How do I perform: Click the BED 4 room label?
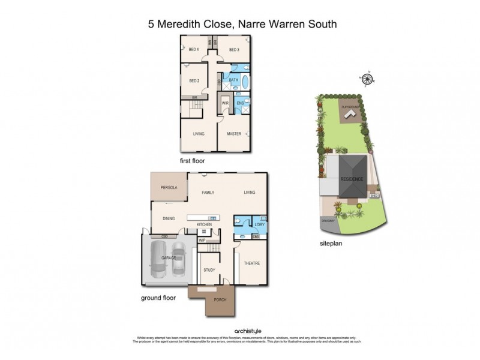click(193, 49)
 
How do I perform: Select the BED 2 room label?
click(193, 81)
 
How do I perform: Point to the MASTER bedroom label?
click(234, 134)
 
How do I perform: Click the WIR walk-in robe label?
click(226, 103)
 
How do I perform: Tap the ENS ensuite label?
click(240, 103)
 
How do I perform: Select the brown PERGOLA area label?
click(168, 188)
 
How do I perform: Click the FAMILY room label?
click(208, 193)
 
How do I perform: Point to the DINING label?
click(168, 218)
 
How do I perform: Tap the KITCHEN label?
click(205, 224)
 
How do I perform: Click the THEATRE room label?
click(251, 263)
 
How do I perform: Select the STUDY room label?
click(208, 270)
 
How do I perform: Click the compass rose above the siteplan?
click(365, 79)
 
